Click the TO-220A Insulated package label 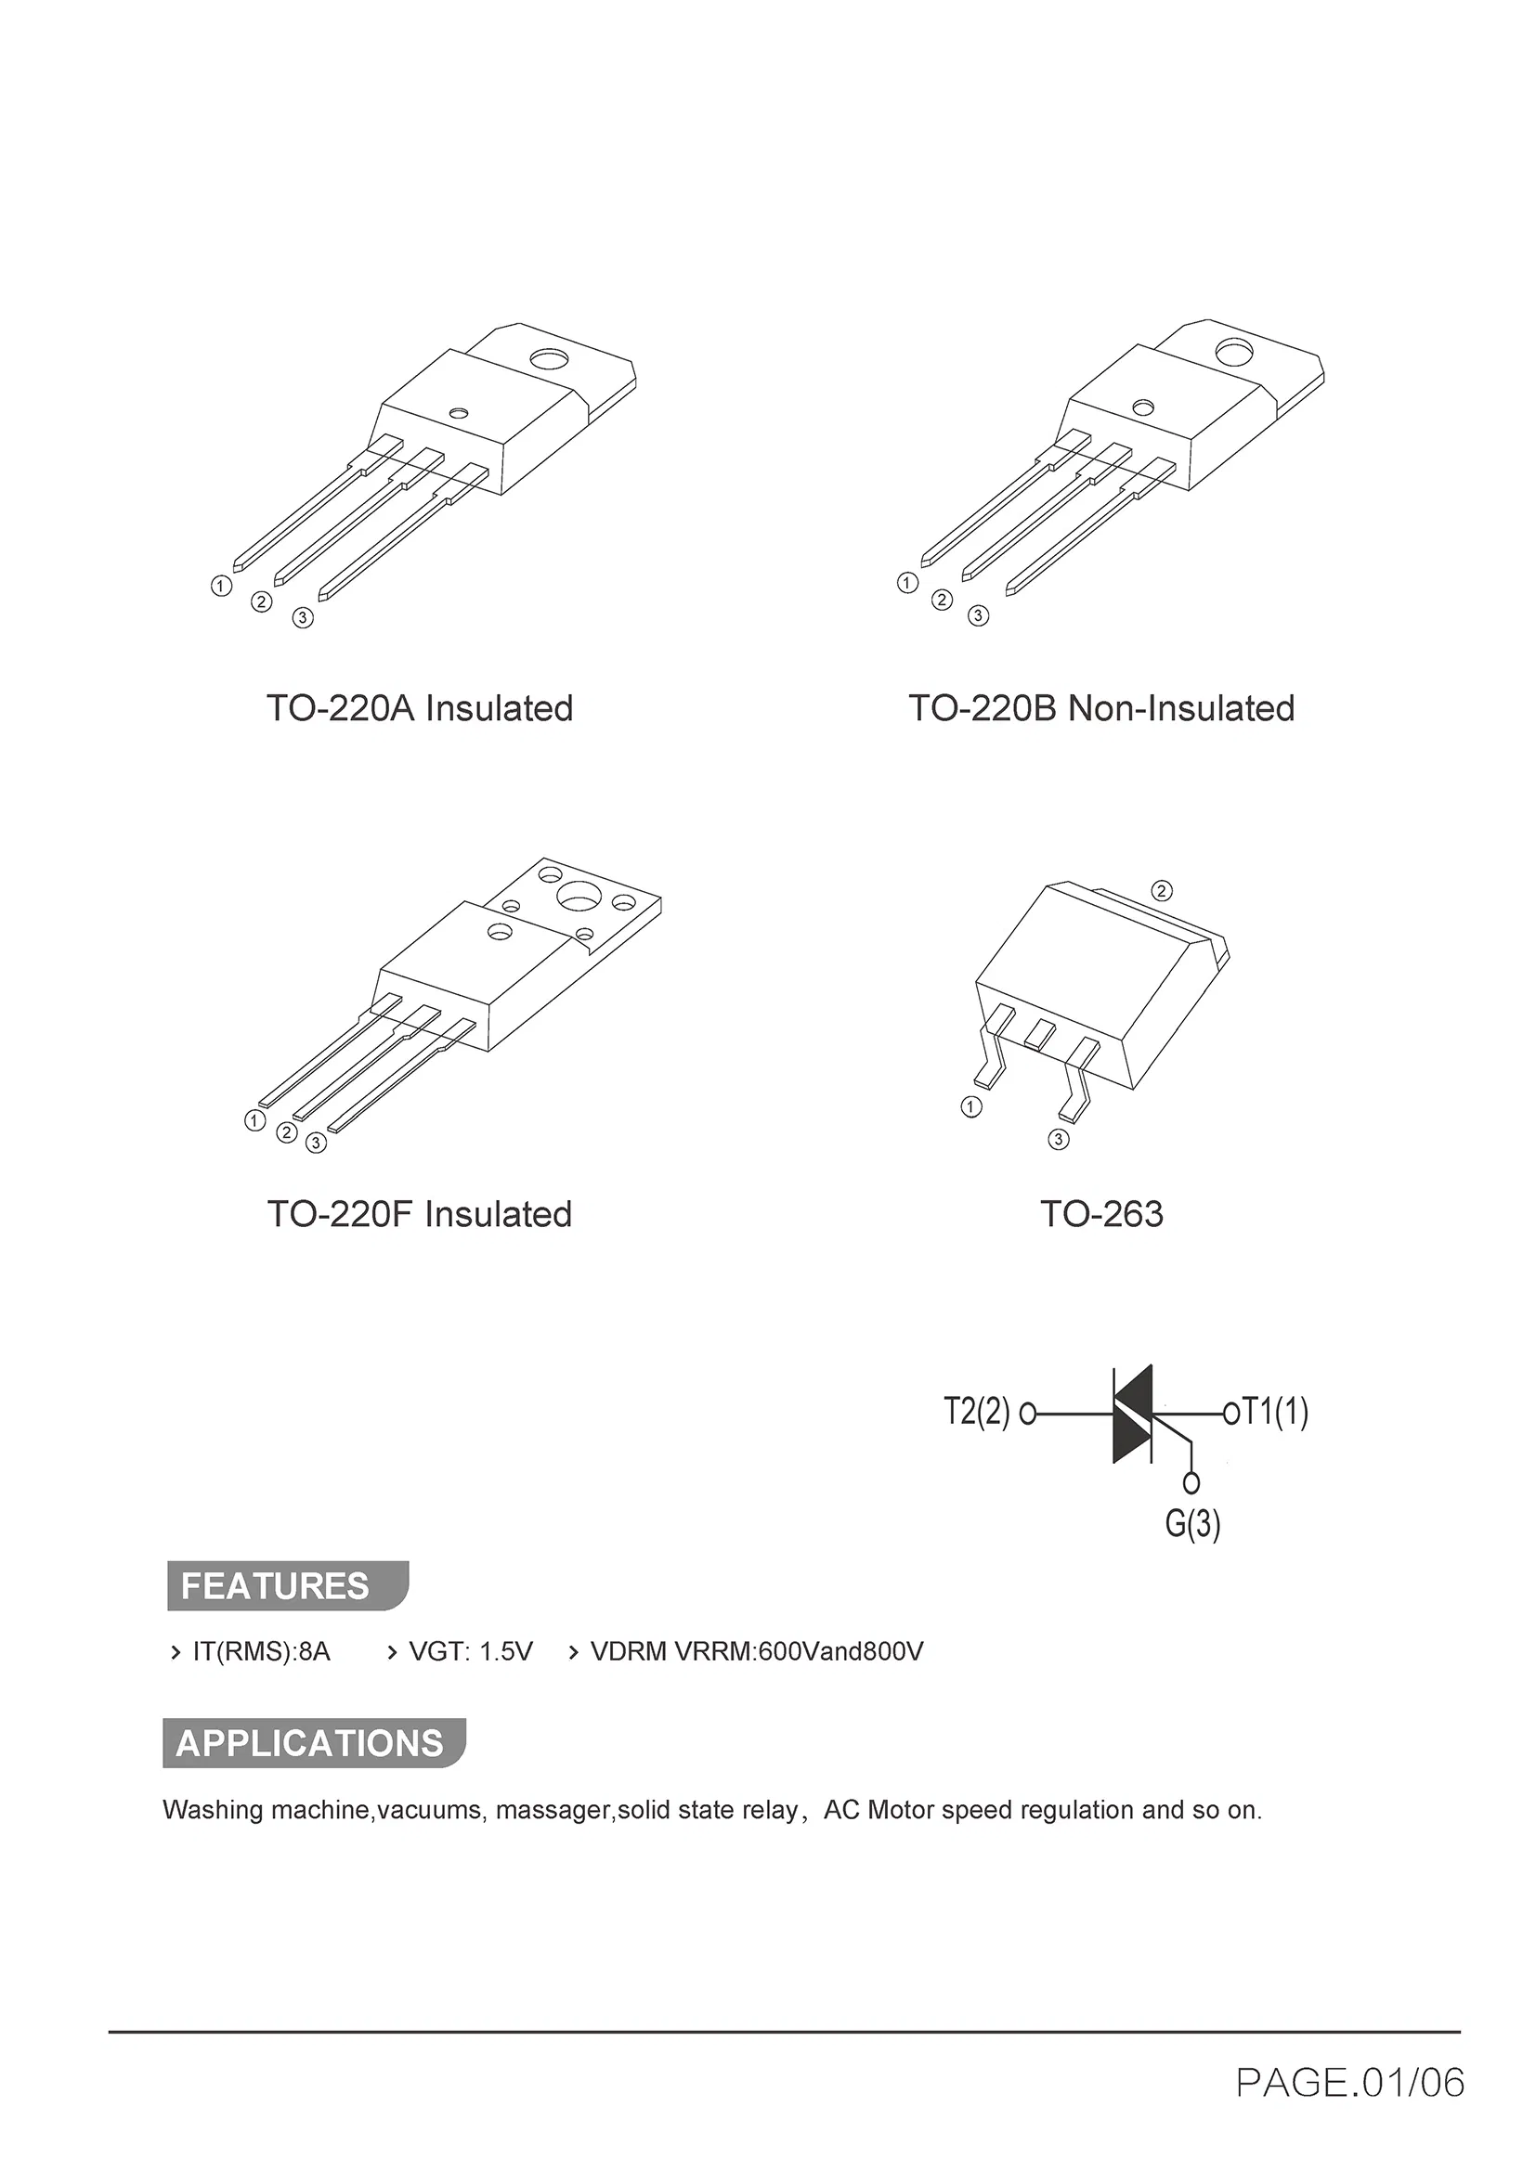tap(420, 708)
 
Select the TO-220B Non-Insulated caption tap(1102, 708)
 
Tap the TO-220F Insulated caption tap(420, 1214)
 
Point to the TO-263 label tap(1102, 1214)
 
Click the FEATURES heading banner tap(288, 1585)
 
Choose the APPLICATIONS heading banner tap(314, 1743)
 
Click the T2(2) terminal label tap(977, 1412)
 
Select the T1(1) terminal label tap(1275, 1411)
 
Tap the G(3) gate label tap(1192, 1523)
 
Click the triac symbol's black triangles tap(1133, 1414)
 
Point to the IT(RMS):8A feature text tap(262, 1652)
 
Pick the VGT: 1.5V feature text tap(471, 1652)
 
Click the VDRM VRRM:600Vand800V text tap(757, 1652)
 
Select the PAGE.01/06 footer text tap(1350, 2083)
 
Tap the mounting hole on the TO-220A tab tap(548, 359)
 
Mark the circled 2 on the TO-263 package tap(1162, 891)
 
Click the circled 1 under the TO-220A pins tap(220, 587)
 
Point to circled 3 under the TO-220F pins tap(316, 1144)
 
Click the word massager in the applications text tap(555, 1811)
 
